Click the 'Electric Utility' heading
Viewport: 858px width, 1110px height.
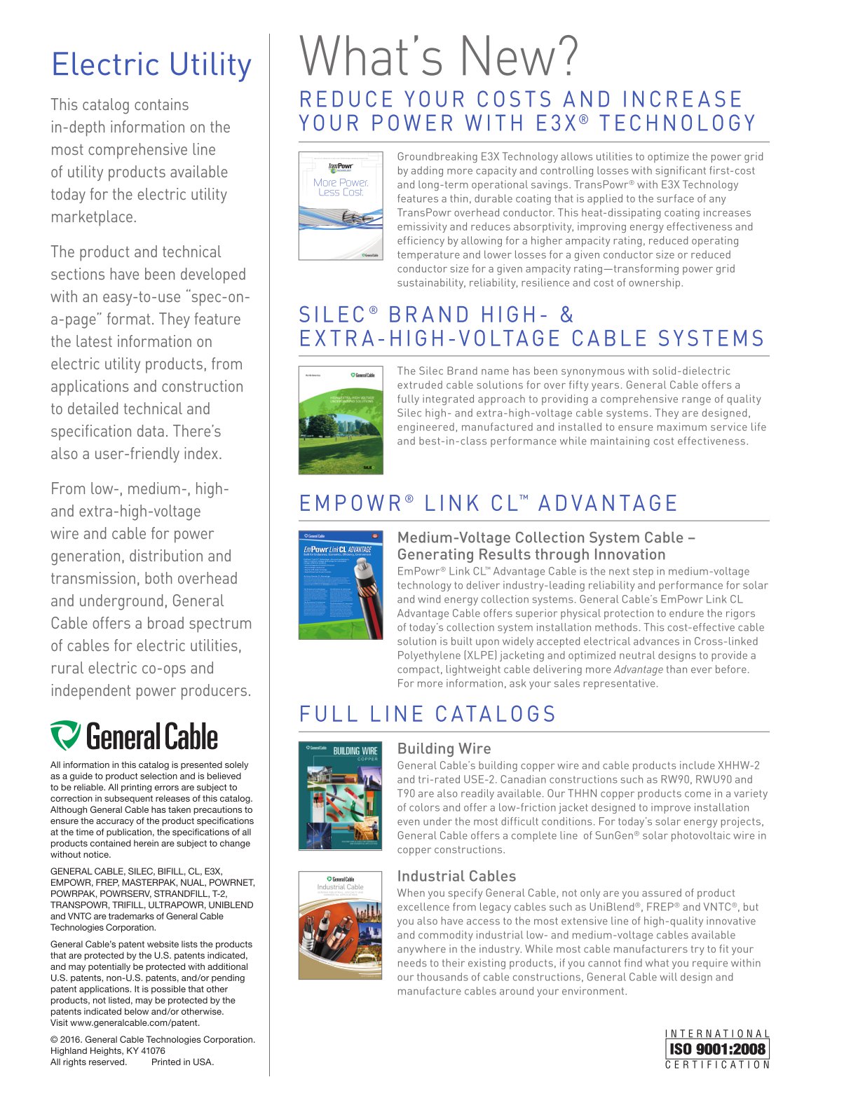[x=151, y=64]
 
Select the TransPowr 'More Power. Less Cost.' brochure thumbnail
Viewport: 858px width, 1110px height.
[x=341, y=206]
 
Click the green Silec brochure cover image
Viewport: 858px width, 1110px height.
[x=341, y=420]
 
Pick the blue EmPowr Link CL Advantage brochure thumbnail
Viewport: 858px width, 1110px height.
[x=341, y=585]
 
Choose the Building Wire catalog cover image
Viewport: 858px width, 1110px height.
[x=341, y=795]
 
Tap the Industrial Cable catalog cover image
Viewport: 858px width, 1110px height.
[x=341, y=925]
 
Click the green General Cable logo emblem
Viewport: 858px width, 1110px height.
[x=65, y=736]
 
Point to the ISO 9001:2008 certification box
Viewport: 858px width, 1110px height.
[x=717, y=1049]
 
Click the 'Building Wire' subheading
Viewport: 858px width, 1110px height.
[x=444, y=748]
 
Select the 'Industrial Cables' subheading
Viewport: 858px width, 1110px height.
[x=456, y=876]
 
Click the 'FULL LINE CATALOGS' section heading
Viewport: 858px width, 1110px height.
[x=428, y=714]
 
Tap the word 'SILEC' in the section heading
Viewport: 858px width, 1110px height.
[x=334, y=315]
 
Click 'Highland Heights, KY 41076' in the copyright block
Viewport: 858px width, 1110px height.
[x=108, y=1050]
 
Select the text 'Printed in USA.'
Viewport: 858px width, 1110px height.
[x=182, y=1062]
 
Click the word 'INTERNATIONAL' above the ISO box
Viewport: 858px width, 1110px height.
[x=717, y=1034]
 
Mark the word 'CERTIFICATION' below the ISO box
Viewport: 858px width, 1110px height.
[x=717, y=1065]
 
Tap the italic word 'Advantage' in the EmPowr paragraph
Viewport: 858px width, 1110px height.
[x=638, y=669]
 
